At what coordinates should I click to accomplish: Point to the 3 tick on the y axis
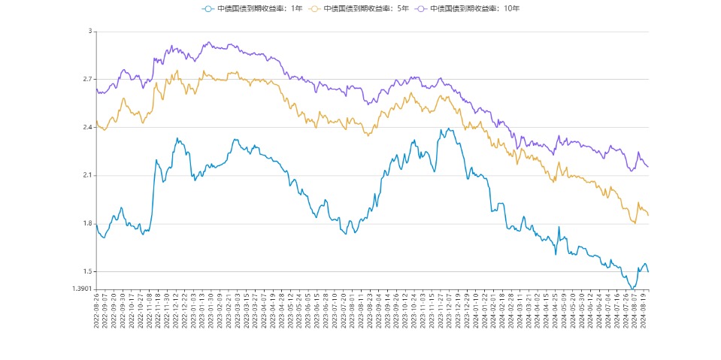click(x=89, y=32)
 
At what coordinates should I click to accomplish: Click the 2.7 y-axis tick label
click(x=86, y=80)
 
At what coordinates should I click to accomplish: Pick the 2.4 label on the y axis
click(x=86, y=128)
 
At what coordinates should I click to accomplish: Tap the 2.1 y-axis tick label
click(x=86, y=176)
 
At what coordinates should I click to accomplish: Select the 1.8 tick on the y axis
click(x=86, y=224)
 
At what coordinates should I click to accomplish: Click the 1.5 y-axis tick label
click(x=86, y=272)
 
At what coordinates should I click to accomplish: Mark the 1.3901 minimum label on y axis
click(x=82, y=289)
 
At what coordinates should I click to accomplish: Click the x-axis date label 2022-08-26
click(x=97, y=310)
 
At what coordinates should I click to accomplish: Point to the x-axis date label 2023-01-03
click(x=193, y=310)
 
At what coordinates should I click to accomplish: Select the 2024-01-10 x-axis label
click(x=475, y=310)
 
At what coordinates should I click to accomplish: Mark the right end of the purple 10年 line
click(x=648, y=167)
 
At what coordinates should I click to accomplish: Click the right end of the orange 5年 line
click(x=648, y=216)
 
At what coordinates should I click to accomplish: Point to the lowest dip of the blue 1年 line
click(x=632, y=288)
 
